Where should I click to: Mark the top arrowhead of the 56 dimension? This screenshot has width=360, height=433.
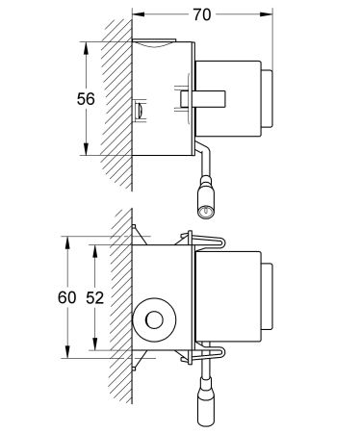[89, 46]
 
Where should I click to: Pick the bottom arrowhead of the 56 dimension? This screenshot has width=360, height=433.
[89, 151]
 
